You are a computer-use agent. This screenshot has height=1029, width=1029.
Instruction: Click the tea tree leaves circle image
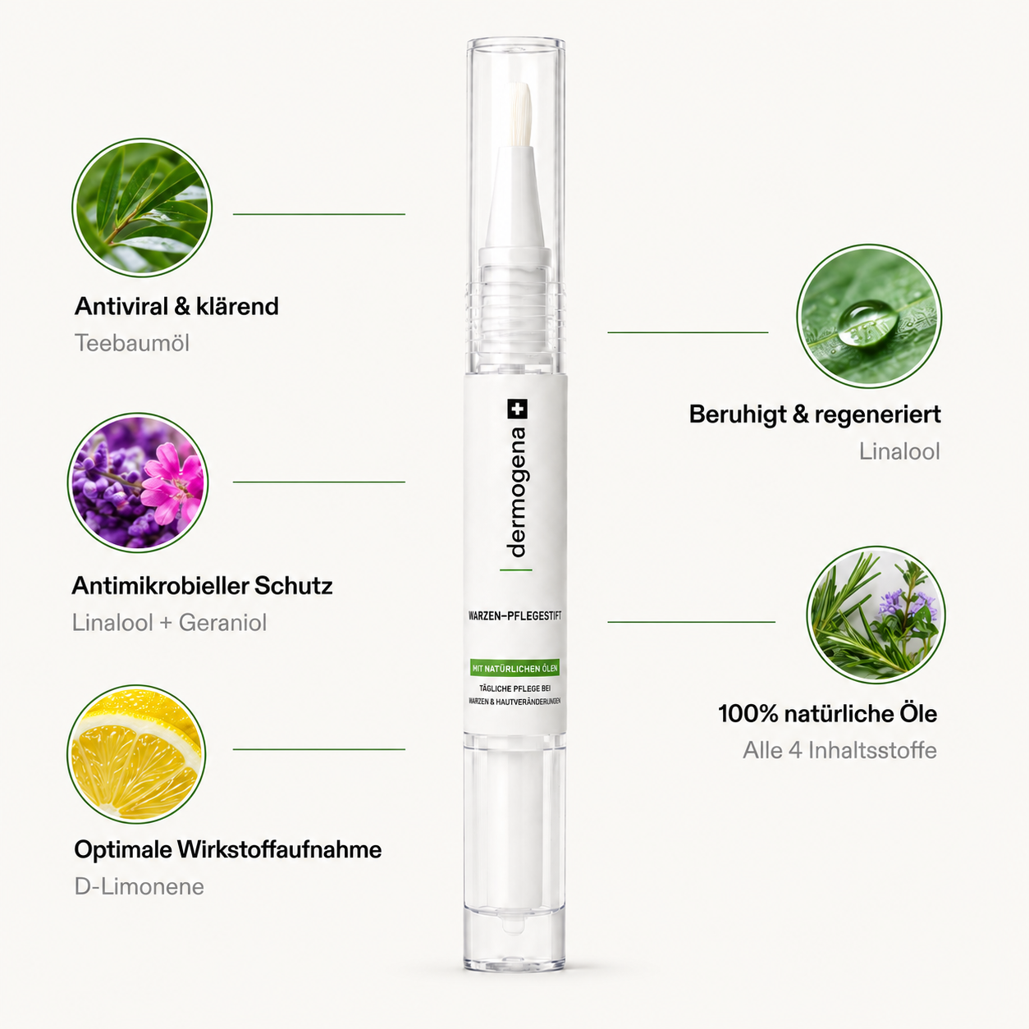click(x=142, y=208)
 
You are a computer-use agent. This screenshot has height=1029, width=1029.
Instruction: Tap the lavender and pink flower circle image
click(x=138, y=482)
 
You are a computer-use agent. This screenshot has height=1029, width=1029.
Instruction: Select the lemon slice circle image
click(x=136, y=754)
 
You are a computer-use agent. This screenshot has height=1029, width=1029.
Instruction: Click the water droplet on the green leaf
click(x=867, y=325)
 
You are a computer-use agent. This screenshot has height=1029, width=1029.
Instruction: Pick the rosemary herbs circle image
click(x=876, y=615)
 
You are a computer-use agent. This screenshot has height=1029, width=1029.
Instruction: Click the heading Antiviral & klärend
click(x=176, y=307)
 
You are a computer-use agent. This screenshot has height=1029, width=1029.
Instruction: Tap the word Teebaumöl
click(x=132, y=343)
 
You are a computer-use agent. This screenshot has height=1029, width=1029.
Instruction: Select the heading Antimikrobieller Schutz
click(x=203, y=586)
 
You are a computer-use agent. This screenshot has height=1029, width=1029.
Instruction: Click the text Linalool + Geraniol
click(x=169, y=623)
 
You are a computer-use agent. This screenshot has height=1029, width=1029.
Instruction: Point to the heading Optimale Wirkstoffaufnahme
click(x=228, y=849)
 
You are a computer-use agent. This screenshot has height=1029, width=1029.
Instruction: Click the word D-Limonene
click(x=139, y=886)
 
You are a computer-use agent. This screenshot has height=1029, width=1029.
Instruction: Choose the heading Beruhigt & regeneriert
click(x=815, y=414)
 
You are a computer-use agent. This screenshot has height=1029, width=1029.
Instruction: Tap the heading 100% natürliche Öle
click(x=828, y=714)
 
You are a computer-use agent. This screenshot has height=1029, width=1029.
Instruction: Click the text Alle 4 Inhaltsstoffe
click(x=840, y=750)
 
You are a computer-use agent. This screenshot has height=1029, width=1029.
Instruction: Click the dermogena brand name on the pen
click(x=516, y=492)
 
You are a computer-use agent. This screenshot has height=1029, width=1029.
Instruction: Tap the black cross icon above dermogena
click(x=517, y=409)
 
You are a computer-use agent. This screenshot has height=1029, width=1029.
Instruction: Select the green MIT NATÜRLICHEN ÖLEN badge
click(x=514, y=668)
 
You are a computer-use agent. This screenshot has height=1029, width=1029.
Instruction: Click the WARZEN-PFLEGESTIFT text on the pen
click(x=514, y=615)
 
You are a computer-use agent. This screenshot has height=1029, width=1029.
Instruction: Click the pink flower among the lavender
click(x=172, y=483)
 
